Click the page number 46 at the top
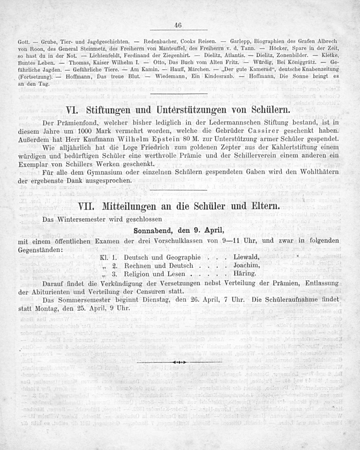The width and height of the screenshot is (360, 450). [177, 25]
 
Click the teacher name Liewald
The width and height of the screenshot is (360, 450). [246, 257]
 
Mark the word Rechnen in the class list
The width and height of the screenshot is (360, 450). [137, 266]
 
